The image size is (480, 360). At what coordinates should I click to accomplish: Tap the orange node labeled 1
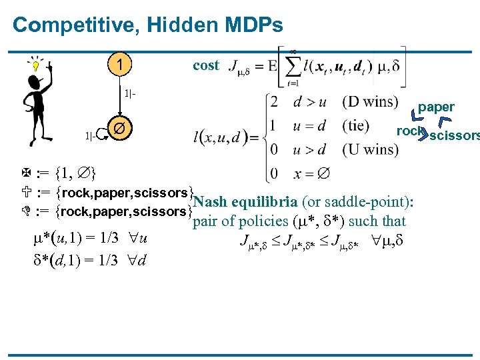coord(119,66)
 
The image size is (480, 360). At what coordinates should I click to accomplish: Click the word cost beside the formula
coord(205,65)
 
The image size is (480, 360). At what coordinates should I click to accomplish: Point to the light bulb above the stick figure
coord(36,65)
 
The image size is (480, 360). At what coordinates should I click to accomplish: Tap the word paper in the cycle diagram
coord(436,107)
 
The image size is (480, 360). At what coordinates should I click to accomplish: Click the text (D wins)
coord(371,101)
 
